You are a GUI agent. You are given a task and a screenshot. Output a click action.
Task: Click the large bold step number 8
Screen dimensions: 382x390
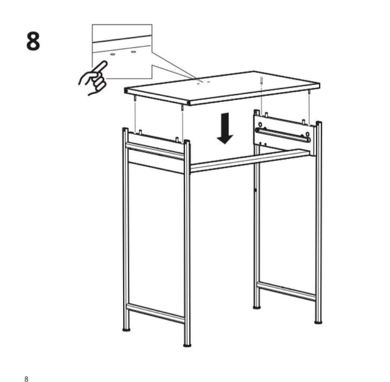[33, 41]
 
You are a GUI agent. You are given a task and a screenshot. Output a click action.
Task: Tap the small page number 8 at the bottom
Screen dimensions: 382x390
[26, 369]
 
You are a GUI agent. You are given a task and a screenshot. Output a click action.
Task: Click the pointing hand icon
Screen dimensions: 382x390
[94, 79]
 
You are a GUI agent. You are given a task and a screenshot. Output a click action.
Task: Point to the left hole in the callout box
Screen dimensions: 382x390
[112, 54]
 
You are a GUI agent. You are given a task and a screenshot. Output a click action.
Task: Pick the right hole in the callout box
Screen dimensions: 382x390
[133, 52]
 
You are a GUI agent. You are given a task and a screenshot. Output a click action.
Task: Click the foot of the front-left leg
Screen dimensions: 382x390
[126, 330]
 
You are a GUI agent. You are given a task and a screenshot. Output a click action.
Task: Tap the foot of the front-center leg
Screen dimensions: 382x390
[187, 345]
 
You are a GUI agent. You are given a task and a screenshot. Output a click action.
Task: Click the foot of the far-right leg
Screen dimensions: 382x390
[318, 322]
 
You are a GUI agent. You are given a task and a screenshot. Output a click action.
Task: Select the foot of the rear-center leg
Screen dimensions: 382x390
[257, 308]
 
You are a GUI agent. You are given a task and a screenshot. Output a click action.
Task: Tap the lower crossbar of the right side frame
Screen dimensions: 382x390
[287, 291]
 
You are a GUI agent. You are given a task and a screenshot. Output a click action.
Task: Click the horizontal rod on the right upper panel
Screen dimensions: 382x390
[283, 134]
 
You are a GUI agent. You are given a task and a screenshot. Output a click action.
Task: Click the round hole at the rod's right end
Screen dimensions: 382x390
[307, 138]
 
